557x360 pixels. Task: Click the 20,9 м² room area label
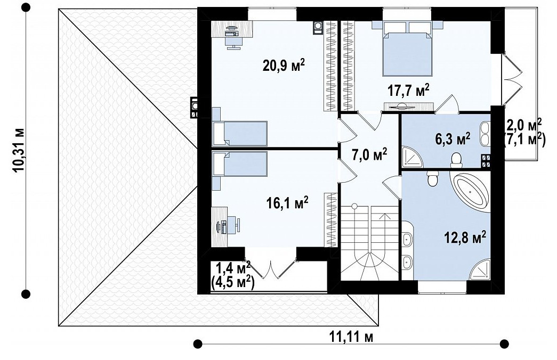[284, 65]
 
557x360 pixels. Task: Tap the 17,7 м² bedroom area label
[408, 91]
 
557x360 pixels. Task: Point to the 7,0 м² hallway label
[369, 155]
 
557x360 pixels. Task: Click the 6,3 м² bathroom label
[453, 138]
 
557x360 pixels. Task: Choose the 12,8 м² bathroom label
[465, 237]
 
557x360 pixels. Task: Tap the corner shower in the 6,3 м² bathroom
[412, 157]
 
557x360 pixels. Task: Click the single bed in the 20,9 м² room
[239, 133]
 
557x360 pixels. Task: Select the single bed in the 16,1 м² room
[239, 163]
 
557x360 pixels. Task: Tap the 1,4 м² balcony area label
[233, 266]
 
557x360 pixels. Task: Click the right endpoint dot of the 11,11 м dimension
[504, 343]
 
